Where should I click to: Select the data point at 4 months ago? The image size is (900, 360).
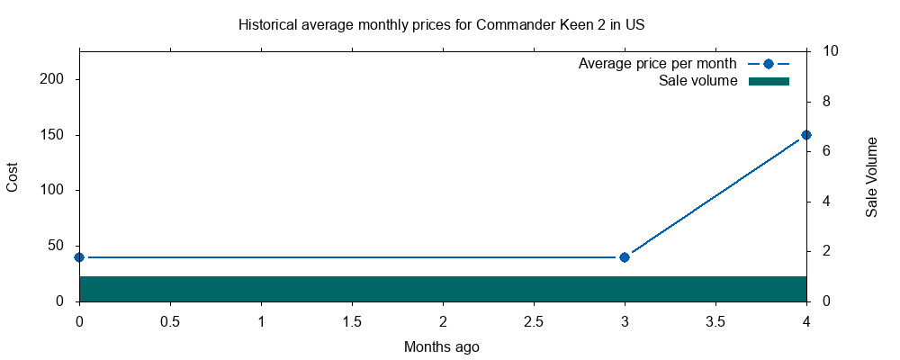[806, 135]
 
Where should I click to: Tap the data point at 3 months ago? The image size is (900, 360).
[625, 257]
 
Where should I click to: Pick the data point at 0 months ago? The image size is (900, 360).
[79, 257]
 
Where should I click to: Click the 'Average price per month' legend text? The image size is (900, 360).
[658, 64]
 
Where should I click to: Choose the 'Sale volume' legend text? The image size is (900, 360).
[698, 81]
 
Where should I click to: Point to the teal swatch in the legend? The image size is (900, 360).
[769, 81]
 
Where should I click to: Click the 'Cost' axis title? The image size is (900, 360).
[13, 176]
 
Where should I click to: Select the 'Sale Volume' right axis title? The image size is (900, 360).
[871, 177]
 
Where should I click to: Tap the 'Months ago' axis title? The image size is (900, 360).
[442, 346]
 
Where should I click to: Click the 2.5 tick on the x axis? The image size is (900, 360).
[534, 320]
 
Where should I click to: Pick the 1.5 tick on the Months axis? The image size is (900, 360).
[352, 320]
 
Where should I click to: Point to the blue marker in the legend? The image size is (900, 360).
[769, 64]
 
